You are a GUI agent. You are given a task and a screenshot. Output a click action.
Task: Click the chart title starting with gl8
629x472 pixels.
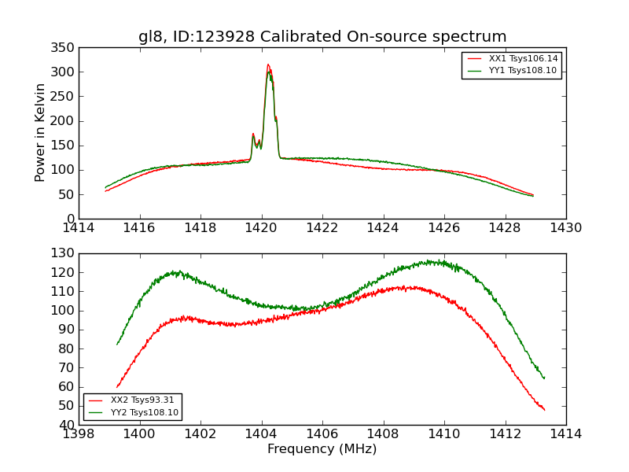click(x=322, y=37)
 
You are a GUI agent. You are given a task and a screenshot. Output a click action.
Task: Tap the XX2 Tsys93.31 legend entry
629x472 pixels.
click(x=142, y=400)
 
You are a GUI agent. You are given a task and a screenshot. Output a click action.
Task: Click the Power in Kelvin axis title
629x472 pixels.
click(x=41, y=133)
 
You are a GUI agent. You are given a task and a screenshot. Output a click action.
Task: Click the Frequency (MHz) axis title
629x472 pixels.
click(x=322, y=449)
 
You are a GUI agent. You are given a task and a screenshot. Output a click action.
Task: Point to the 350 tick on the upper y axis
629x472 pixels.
click(x=64, y=48)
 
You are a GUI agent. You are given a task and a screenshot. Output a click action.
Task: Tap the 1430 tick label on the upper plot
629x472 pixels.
click(x=565, y=228)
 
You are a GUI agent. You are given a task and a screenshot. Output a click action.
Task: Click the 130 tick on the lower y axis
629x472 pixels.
click(x=64, y=253)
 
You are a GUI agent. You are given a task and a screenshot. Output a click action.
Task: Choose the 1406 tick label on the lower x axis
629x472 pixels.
click(x=322, y=434)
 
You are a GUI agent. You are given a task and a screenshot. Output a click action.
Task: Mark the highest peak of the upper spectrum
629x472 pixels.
click(x=268, y=65)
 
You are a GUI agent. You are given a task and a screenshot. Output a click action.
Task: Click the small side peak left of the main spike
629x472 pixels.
click(x=252, y=134)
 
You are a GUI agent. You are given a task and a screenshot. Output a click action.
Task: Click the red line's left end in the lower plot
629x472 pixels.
click(x=117, y=387)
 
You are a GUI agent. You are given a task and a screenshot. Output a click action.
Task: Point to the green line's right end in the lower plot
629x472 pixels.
click(x=544, y=378)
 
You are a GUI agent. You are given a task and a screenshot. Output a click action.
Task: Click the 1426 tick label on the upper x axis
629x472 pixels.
click(x=443, y=228)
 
